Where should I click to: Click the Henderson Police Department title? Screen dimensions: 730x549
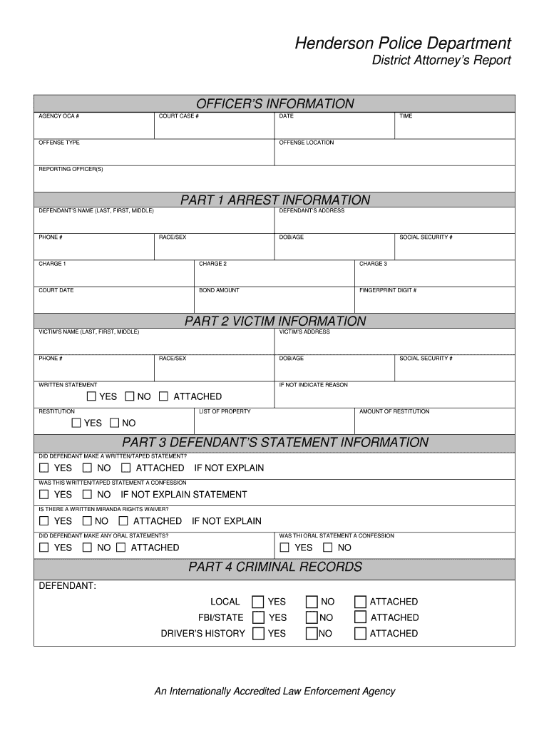click(x=404, y=43)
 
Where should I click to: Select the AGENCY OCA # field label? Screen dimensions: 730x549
click(x=58, y=116)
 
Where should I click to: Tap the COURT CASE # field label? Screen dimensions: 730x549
click(x=178, y=116)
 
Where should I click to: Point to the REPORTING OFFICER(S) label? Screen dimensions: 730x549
click(x=71, y=169)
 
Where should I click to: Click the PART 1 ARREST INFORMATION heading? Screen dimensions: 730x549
click(x=274, y=200)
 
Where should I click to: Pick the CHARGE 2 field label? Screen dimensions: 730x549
click(x=212, y=264)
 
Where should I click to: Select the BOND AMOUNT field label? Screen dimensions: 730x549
click(x=219, y=290)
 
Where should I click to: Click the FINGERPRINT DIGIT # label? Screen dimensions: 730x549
click(x=388, y=290)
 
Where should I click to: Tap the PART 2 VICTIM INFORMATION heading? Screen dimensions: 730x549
click(x=274, y=322)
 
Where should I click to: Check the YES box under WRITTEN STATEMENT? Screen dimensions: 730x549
click(x=91, y=396)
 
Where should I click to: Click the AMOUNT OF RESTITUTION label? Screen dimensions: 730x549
click(x=394, y=411)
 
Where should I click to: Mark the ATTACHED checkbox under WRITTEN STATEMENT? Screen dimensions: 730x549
click(x=163, y=396)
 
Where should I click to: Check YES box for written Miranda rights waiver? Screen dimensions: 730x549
click(x=44, y=521)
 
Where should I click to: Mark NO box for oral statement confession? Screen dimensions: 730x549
click(x=327, y=547)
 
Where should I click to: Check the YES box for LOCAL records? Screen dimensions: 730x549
click(x=258, y=602)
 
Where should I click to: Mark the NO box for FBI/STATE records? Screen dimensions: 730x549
click(x=312, y=617)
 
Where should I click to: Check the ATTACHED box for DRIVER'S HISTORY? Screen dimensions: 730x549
click(x=360, y=633)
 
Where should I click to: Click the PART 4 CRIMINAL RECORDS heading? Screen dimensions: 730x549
click(x=274, y=567)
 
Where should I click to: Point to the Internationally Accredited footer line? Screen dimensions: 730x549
click(x=274, y=692)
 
